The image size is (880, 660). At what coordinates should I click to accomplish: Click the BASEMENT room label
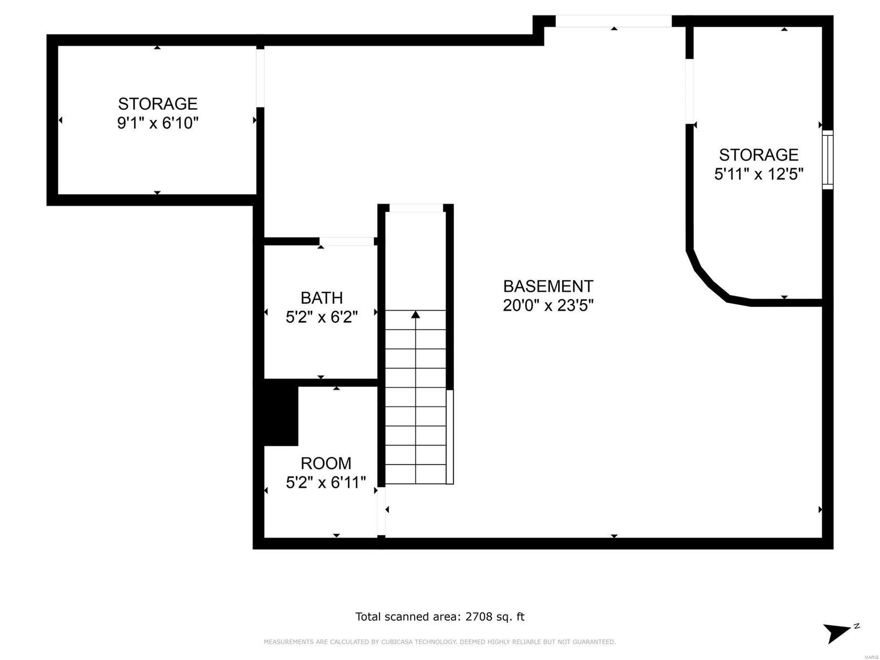(x=548, y=286)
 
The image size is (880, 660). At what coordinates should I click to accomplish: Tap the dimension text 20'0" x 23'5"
(x=548, y=305)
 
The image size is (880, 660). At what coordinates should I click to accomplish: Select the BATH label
(x=321, y=298)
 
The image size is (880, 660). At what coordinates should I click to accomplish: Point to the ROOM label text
(x=326, y=463)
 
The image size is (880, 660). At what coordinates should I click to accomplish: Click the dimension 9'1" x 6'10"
(x=157, y=123)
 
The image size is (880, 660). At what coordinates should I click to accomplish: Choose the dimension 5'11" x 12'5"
(x=758, y=174)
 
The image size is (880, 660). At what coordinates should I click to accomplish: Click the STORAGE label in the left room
(x=157, y=103)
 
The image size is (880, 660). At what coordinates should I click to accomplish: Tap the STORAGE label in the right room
(x=758, y=155)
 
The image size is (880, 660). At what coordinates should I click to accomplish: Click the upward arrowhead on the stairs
(x=416, y=315)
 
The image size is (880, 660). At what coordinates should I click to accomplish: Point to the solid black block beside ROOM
(x=281, y=415)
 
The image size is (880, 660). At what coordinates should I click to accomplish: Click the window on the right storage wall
(x=827, y=160)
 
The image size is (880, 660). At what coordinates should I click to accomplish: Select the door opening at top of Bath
(x=346, y=241)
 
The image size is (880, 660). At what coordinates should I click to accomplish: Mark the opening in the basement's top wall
(x=613, y=21)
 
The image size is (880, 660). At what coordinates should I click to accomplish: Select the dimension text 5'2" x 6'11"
(x=326, y=482)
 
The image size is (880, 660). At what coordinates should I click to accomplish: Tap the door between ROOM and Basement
(x=381, y=512)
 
